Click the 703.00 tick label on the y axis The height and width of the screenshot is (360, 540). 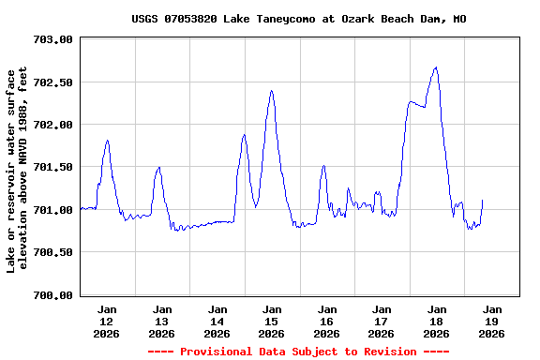tap(52, 39)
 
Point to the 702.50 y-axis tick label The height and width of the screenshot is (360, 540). tap(52, 82)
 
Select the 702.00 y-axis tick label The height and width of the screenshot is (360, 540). tap(52, 125)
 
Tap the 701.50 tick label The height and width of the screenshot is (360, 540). tap(52, 167)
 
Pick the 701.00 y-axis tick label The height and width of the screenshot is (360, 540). tap(52, 210)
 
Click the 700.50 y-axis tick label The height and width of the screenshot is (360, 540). tap(52, 252)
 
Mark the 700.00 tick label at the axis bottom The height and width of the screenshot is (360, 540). tap(52, 295)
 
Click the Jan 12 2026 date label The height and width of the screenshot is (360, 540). tap(107, 321)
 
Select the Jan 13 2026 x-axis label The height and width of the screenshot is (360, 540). tap(162, 321)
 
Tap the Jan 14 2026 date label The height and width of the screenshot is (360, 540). tap(217, 321)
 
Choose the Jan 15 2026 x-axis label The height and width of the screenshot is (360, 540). tap(272, 321)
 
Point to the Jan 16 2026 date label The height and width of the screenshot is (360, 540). tap(326, 321)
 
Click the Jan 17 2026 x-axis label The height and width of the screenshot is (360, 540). tap(382, 321)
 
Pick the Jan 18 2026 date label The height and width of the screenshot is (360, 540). tap(436, 321)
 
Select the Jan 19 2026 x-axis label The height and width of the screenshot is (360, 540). tap(491, 321)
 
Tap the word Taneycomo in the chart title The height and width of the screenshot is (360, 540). tap(288, 19)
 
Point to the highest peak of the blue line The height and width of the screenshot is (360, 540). tap(436, 67)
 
